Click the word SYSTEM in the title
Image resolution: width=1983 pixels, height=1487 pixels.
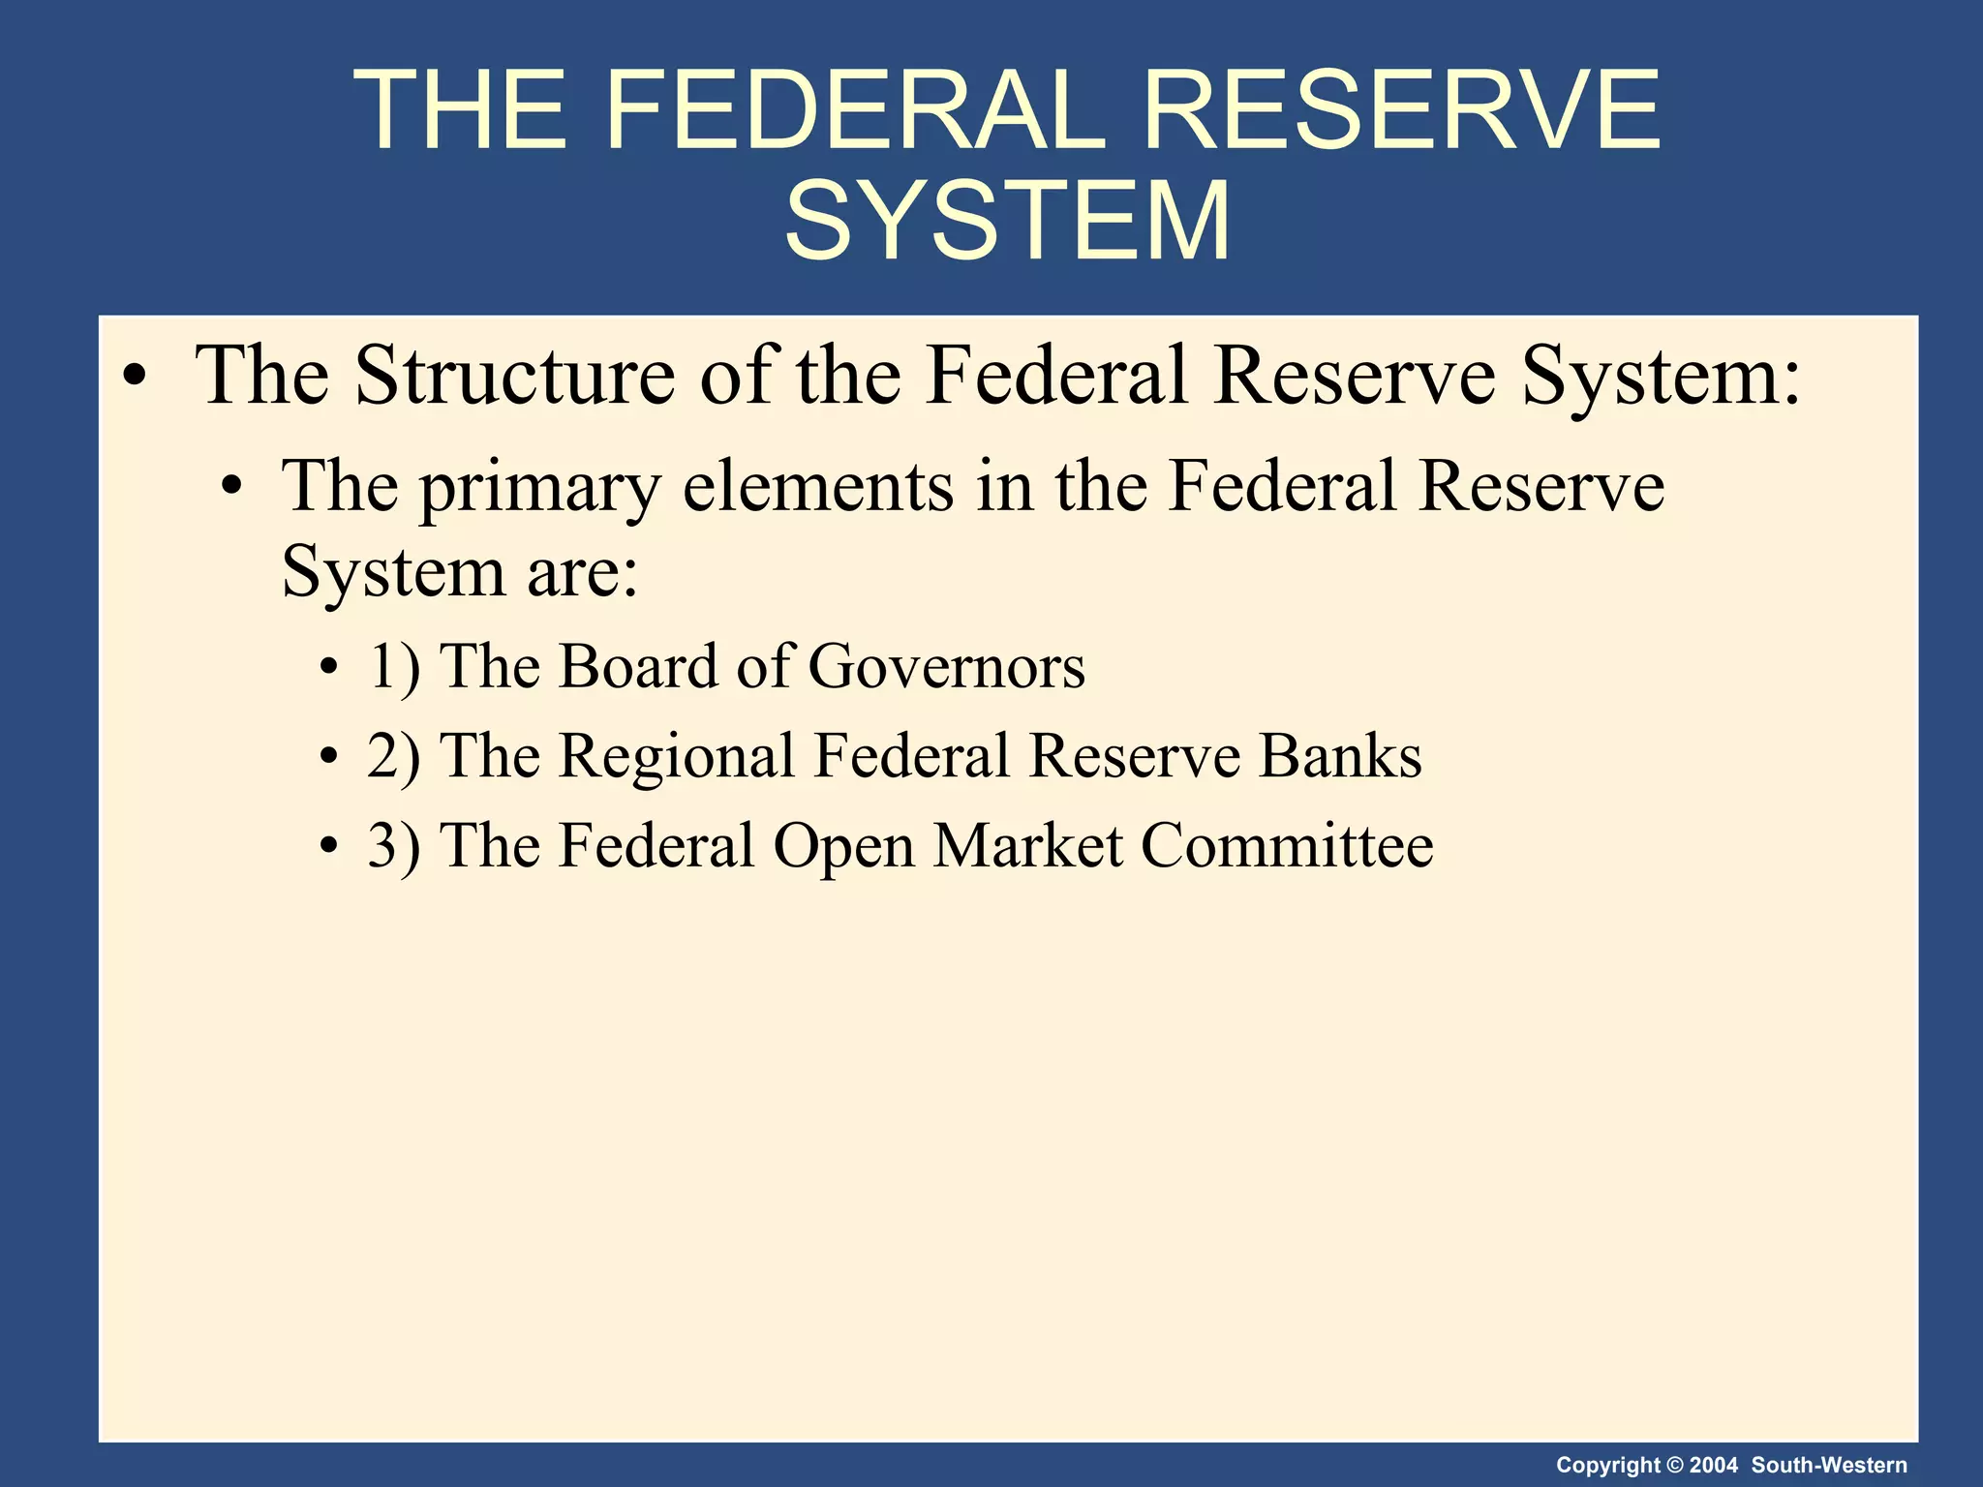click(1007, 222)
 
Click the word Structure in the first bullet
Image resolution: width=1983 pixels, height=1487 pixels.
click(514, 376)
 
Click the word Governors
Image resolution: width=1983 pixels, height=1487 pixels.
click(946, 667)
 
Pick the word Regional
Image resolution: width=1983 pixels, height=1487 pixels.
click(677, 756)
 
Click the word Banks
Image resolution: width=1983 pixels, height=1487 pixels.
click(1340, 756)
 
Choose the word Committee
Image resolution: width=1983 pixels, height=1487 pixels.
click(1287, 846)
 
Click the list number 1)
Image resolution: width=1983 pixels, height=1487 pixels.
click(394, 667)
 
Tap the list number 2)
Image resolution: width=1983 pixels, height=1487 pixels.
click(394, 756)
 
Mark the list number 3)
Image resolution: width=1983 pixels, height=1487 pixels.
click(394, 846)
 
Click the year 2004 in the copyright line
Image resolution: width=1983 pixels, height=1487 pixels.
click(1714, 1465)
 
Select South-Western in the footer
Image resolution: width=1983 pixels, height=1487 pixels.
click(1829, 1465)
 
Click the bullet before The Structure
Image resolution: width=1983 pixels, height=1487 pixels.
click(136, 378)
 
